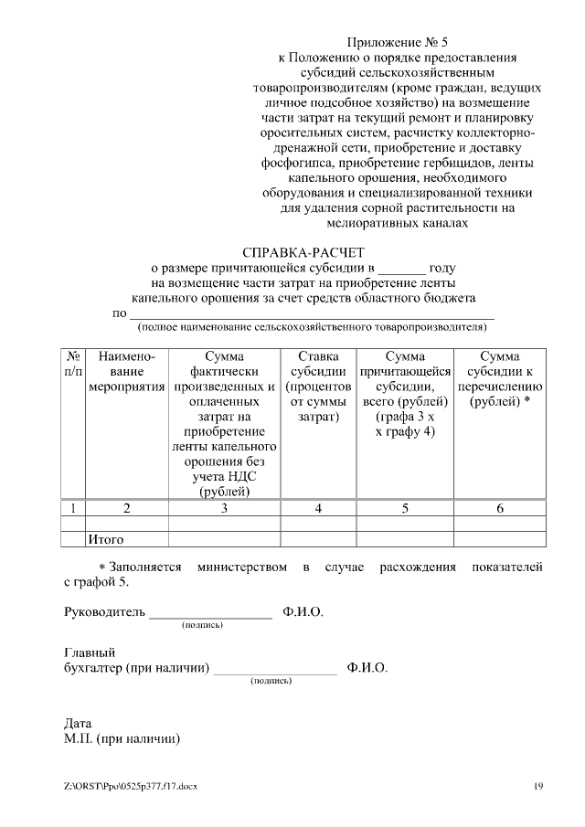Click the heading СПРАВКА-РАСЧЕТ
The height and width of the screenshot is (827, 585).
(x=303, y=252)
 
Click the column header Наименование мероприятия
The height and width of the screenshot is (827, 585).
(x=127, y=372)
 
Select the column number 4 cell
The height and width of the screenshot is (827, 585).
(x=317, y=508)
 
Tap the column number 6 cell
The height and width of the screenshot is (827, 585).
(x=499, y=508)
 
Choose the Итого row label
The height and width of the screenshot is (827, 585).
(x=105, y=539)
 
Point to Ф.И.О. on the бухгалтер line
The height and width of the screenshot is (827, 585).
(x=367, y=668)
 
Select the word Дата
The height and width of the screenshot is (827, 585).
(x=78, y=723)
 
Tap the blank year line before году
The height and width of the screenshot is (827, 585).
(x=401, y=270)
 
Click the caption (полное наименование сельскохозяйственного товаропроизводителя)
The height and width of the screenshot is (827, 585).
(x=311, y=325)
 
